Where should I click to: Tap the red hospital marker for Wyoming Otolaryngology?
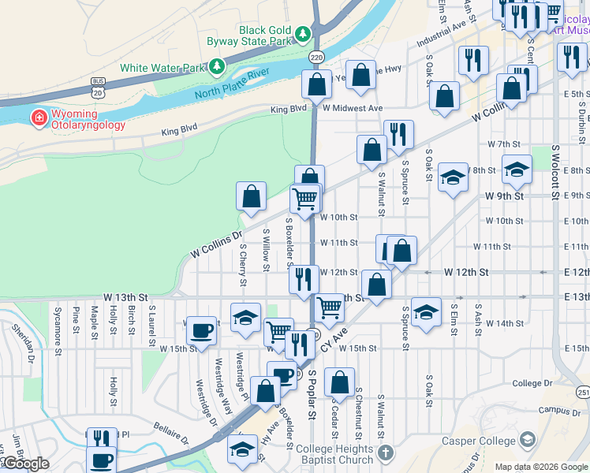point(37,119)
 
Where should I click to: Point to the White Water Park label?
point(162,68)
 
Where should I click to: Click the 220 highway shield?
point(316,58)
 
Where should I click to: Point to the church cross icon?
point(385,453)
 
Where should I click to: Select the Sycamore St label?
point(58,329)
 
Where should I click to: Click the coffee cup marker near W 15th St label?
point(203,331)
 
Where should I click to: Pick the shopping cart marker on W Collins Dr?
point(305,198)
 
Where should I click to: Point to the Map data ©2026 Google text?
point(541,467)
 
